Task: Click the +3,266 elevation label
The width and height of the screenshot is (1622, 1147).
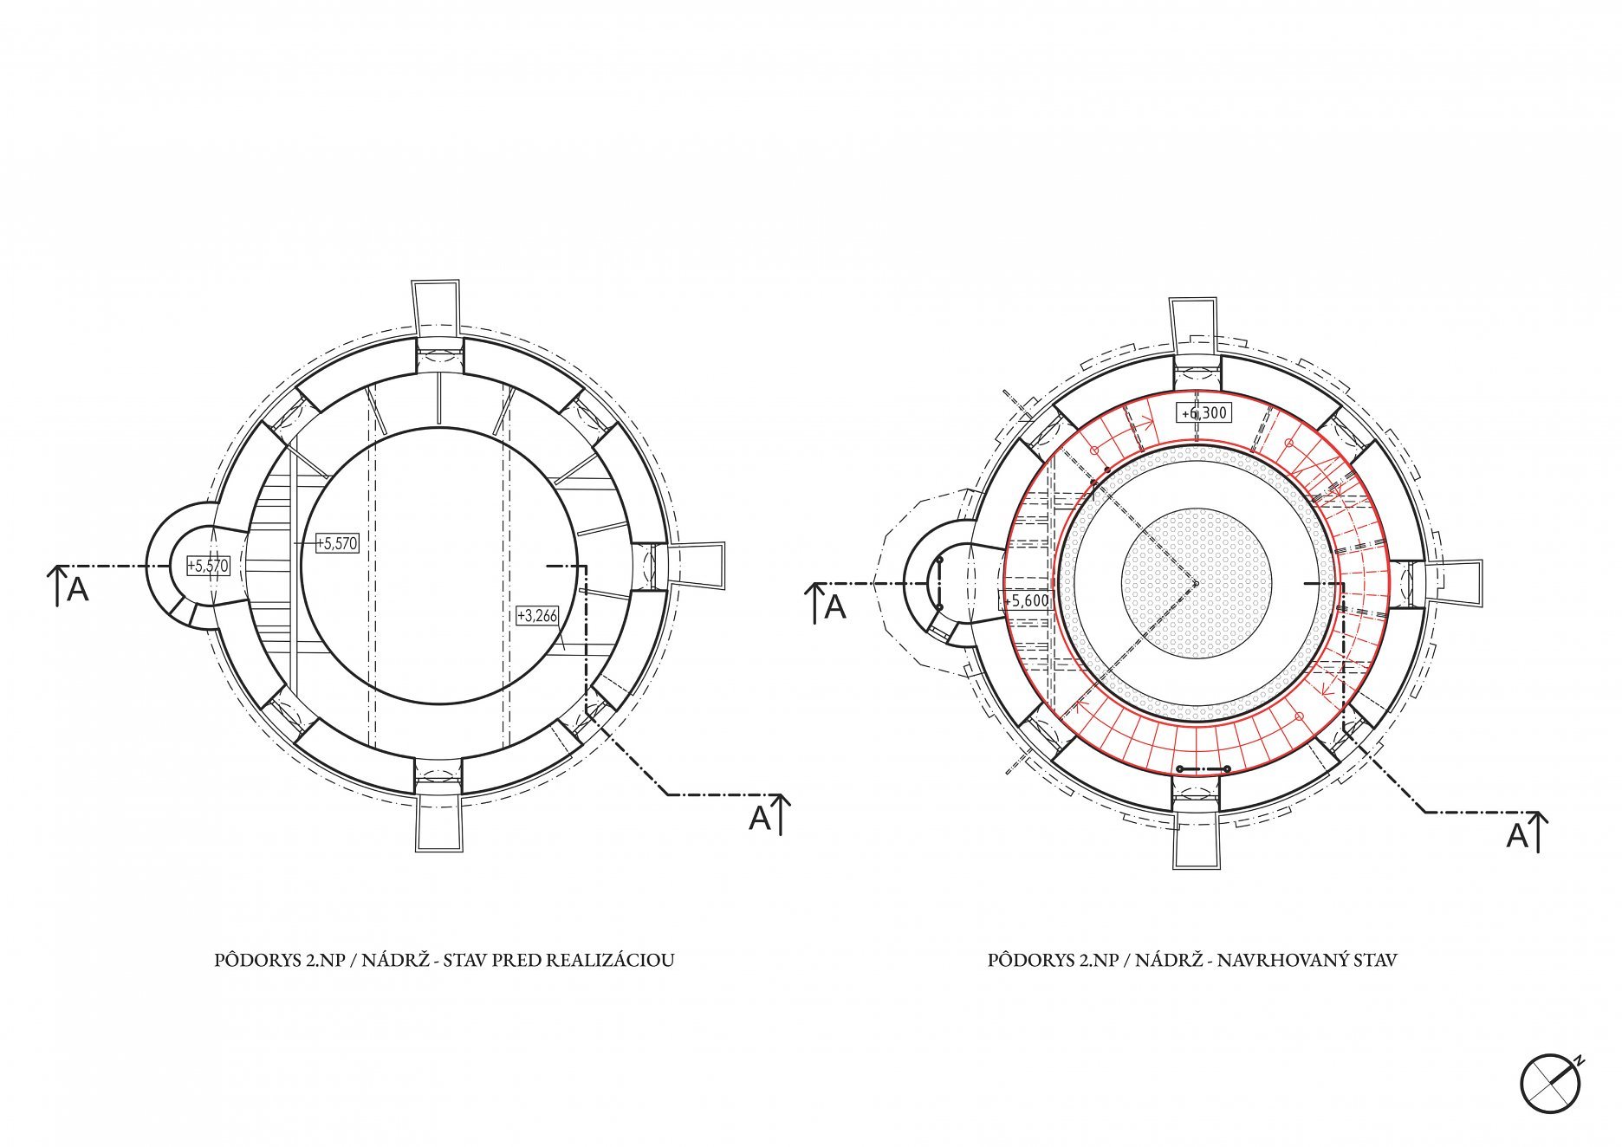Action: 537,616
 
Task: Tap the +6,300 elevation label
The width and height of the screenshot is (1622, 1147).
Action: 1204,413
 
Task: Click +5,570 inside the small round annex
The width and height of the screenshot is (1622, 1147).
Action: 208,567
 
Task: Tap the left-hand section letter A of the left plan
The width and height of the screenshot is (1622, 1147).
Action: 78,589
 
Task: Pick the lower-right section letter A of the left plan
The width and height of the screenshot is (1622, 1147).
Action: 760,818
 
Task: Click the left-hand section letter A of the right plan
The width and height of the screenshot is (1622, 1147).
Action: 835,607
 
